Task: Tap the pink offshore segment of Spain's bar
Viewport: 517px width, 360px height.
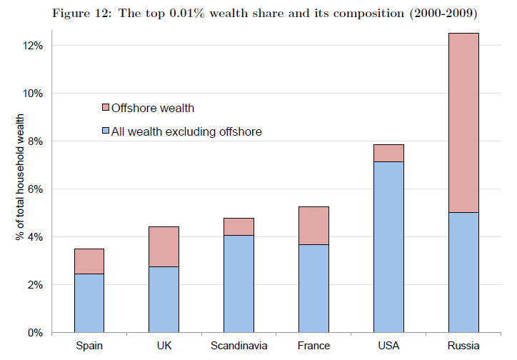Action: coord(89,261)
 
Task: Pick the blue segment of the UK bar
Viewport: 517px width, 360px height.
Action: coord(164,299)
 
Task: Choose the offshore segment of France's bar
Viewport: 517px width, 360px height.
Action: coord(314,225)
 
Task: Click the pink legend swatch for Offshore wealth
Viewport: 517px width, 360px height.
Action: coord(105,109)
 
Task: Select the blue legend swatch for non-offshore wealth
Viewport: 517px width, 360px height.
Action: coord(105,131)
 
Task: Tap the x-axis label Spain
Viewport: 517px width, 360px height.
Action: coord(89,346)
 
